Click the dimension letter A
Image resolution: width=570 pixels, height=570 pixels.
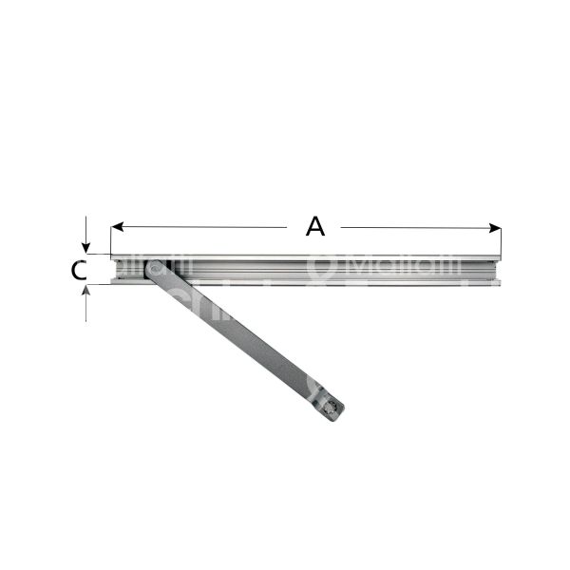pyautogui.click(x=315, y=226)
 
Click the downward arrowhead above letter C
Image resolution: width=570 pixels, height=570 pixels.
pyautogui.click(x=86, y=248)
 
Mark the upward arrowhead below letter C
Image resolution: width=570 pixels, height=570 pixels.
pyautogui.click(x=86, y=291)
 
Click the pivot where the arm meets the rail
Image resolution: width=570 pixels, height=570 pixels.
pyautogui.click(x=154, y=270)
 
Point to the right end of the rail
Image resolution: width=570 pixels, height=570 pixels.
pyautogui.click(x=499, y=270)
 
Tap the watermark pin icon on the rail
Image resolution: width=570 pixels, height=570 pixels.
pyautogui.click(x=320, y=270)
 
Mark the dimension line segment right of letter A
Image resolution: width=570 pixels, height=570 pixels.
pyautogui.click(x=418, y=227)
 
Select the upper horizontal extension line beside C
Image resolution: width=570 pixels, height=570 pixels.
pyautogui.click(x=98, y=255)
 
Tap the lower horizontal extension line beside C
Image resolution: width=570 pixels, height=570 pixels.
pyautogui.click(x=98, y=285)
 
